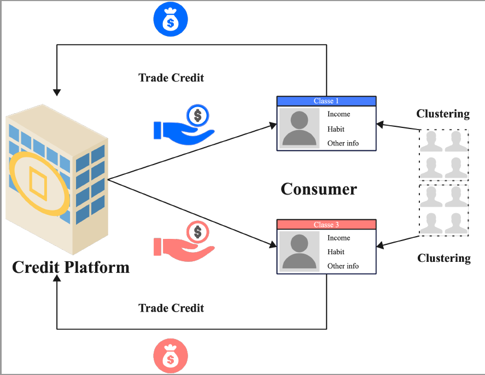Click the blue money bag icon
(171, 19)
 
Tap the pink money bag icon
(171, 355)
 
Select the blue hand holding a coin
(184, 125)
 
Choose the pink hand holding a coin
(184, 242)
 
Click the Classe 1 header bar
(326, 101)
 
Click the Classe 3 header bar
(326, 225)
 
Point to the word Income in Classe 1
(338, 114)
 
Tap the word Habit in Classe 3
(336, 252)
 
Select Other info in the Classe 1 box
(343, 143)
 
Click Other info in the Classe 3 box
(343, 266)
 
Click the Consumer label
(319, 189)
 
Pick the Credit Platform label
(71, 267)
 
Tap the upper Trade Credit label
(171, 78)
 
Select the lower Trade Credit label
(171, 308)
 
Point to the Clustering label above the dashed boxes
(443, 114)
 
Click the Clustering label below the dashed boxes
(444, 258)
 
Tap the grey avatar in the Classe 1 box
(299, 128)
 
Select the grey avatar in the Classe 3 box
(299, 251)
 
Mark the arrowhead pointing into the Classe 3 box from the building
(273, 244)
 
